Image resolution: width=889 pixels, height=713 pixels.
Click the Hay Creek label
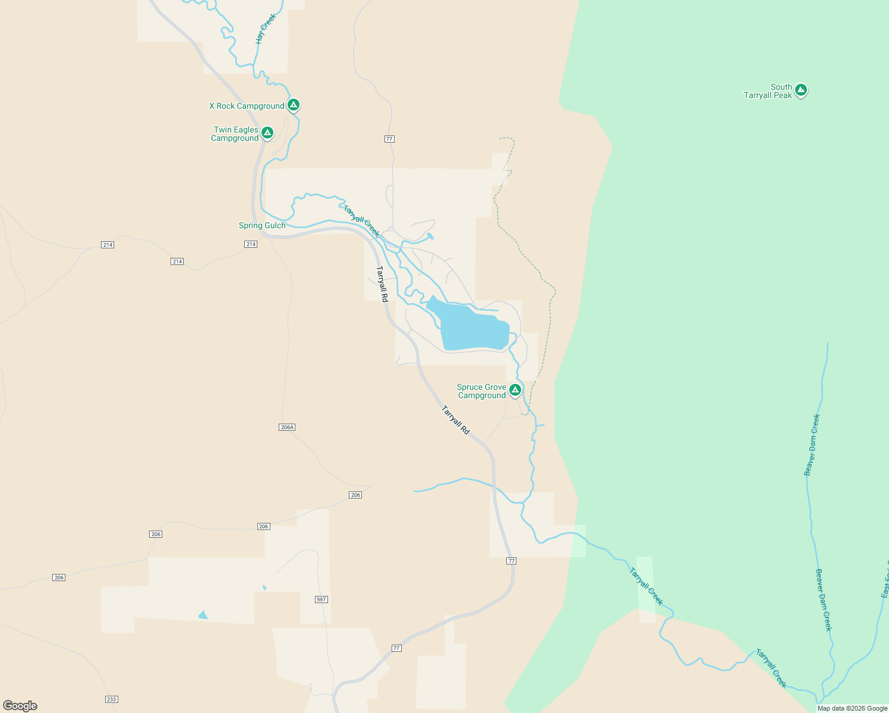pyautogui.click(x=266, y=29)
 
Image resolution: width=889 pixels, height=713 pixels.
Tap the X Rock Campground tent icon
pyautogui.click(x=293, y=105)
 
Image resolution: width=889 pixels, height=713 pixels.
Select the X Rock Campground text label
pyautogui.click(x=247, y=106)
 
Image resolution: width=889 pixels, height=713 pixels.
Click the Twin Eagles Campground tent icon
pyautogui.click(x=267, y=132)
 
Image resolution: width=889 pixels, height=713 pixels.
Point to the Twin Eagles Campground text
pyautogui.click(x=235, y=134)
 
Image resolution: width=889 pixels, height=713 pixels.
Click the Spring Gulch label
pyautogui.click(x=262, y=226)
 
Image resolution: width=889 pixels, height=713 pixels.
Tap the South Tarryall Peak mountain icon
pyautogui.click(x=800, y=90)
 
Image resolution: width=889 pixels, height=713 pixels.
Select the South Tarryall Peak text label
pyautogui.click(x=768, y=91)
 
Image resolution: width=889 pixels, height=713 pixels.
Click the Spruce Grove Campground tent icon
pyautogui.click(x=515, y=390)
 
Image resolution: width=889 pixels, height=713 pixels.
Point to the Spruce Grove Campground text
pyautogui.click(x=481, y=392)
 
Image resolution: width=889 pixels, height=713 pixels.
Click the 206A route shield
pyautogui.click(x=287, y=427)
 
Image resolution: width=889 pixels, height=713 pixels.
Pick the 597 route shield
pyautogui.click(x=321, y=600)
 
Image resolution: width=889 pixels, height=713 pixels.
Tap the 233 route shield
pyautogui.click(x=111, y=699)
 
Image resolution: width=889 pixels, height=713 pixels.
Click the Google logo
pyautogui.click(x=20, y=706)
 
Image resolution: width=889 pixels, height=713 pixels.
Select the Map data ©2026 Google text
pyautogui.click(x=852, y=708)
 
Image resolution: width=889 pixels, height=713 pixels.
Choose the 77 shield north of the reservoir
pyautogui.click(x=389, y=139)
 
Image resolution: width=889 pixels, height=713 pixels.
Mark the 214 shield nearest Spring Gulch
pyautogui.click(x=251, y=244)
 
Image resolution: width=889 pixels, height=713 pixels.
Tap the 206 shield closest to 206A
pyautogui.click(x=355, y=495)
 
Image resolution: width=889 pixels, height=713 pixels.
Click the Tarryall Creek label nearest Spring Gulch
pyautogui.click(x=361, y=220)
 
